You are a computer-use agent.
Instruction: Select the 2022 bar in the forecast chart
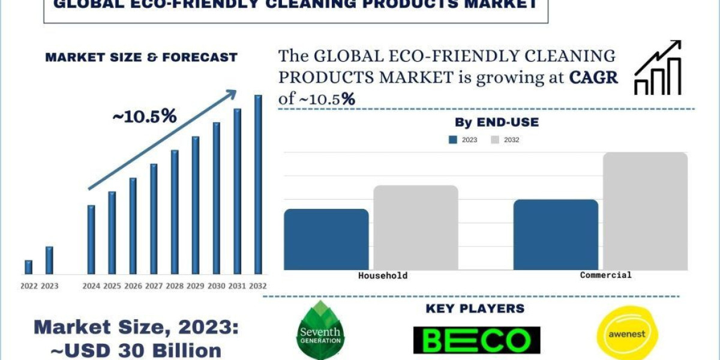pyautogui.click(x=28, y=267)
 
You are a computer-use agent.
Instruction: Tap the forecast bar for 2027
pyautogui.click(x=154, y=219)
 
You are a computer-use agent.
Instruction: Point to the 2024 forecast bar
pyautogui.click(x=91, y=239)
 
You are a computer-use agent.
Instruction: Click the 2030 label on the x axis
pyautogui.click(x=217, y=286)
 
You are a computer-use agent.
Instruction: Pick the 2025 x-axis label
pyautogui.click(x=112, y=286)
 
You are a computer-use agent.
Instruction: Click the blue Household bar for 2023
pyautogui.click(x=326, y=239)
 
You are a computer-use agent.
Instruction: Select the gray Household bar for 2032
pyautogui.click(x=416, y=227)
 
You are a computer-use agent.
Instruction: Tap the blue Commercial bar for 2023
pyautogui.click(x=556, y=235)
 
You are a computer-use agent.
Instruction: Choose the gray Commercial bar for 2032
pyautogui.click(x=645, y=211)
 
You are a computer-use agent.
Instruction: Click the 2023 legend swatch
pyautogui.click(x=453, y=140)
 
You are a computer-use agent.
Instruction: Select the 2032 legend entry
pyautogui.click(x=505, y=140)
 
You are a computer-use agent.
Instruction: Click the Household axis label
pyautogui.click(x=383, y=276)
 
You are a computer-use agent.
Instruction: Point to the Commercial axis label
pyautogui.click(x=605, y=275)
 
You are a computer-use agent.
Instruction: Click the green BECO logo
pyautogui.click(x=476, y=340)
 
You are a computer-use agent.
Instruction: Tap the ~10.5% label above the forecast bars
pyautogui.click(x=145, y=116)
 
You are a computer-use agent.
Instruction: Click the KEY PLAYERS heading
pyautogui.click(x=475, y=309)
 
